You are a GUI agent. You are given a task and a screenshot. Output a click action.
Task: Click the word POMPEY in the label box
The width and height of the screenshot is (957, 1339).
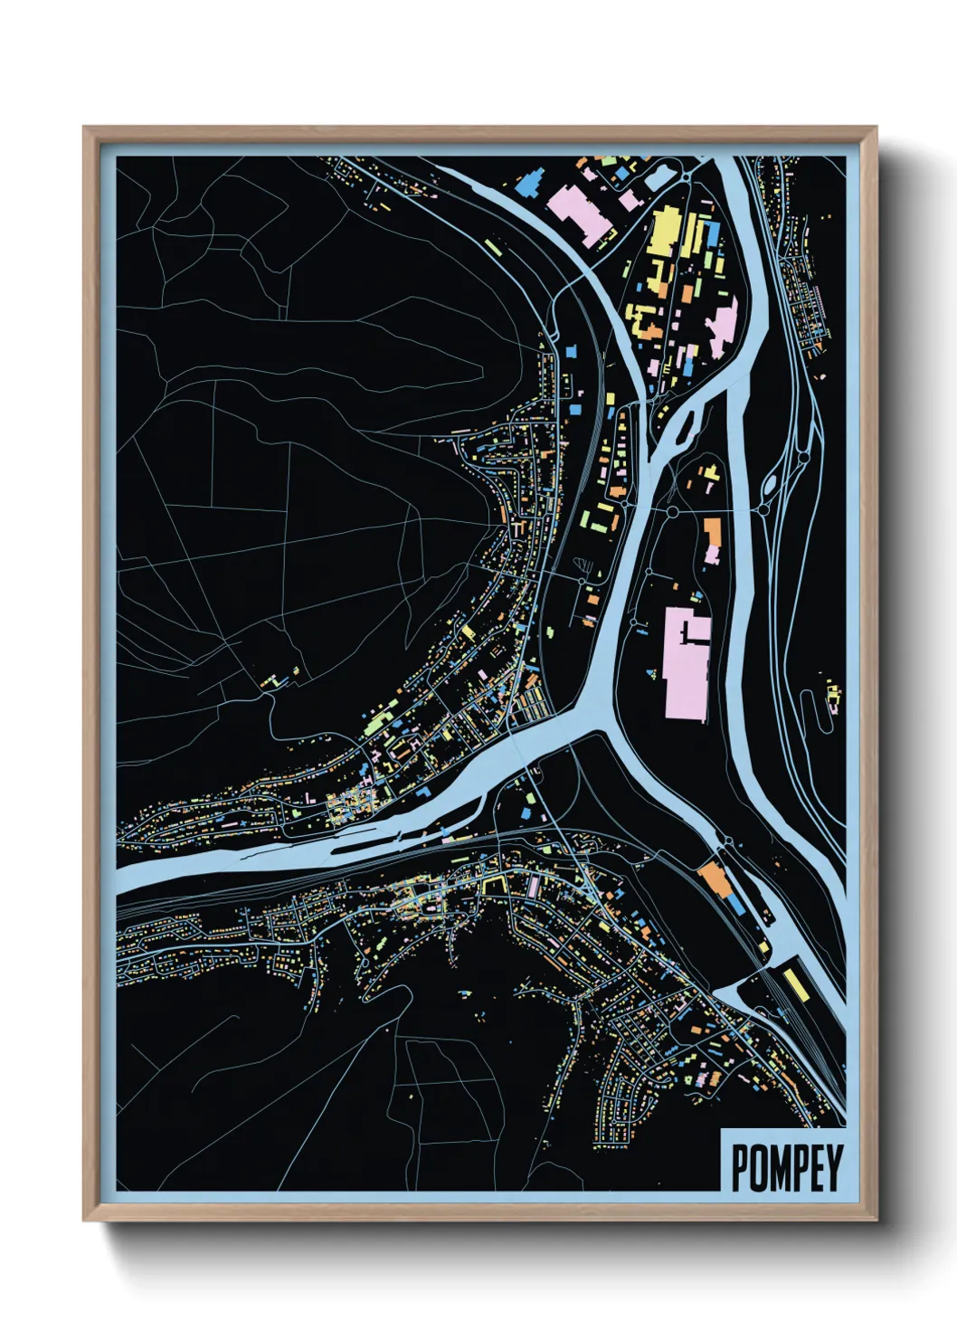pos(785,1168)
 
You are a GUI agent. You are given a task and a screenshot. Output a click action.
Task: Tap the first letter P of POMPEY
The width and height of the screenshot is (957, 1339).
pos(738,1168)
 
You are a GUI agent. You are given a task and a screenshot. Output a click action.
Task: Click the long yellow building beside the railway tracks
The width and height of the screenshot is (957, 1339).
pos(795,983)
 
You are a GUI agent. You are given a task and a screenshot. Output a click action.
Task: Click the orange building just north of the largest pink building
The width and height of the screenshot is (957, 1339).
pos(712,538)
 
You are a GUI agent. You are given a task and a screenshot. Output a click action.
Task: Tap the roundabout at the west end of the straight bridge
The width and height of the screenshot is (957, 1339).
pos(672,513)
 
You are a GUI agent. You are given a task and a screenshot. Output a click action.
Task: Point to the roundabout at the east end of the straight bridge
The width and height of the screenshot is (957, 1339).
pos(763,510)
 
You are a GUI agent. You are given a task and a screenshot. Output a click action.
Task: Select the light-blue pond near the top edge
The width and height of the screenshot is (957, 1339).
pos(657,178)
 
